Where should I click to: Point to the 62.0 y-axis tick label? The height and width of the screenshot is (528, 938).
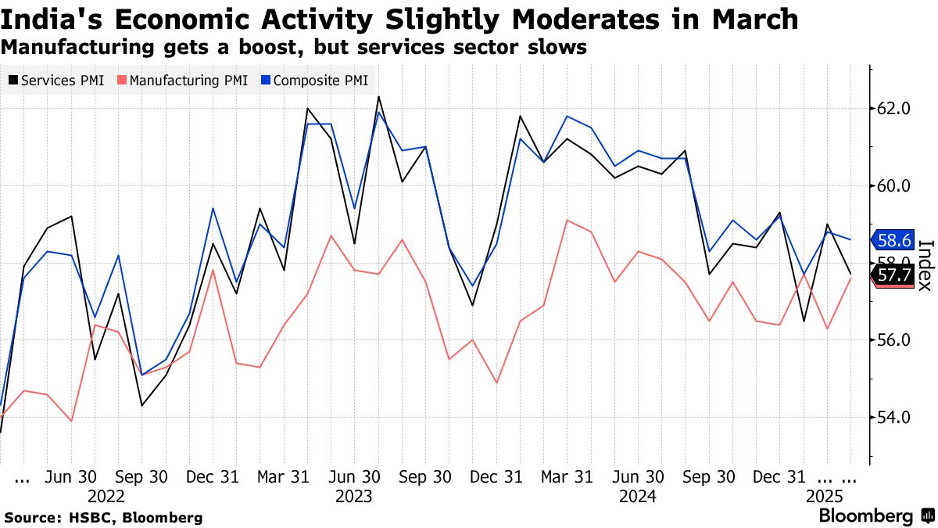pyautogui.click(x=893, y=109)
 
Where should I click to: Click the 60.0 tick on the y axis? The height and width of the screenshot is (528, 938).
pyautogui.click(x=893, y=186)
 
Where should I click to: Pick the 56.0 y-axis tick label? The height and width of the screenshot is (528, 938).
pyautogui.click(x=893, y=340)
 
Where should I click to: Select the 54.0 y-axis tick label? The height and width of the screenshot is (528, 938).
pyautogui.click(x=893, y=418)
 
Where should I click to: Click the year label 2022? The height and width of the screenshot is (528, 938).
pyautogui.click(x=106, y=497)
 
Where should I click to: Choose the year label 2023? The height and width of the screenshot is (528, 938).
pyautogui.click(x=353, y=497)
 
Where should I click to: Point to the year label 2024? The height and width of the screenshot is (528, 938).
pyautogui.click(x=637, y=497)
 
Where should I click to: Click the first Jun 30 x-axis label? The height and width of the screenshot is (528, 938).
pyautogui.click(x=72, y=476)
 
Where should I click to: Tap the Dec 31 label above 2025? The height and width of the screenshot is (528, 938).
pyautogui.click(x=779, y=476)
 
